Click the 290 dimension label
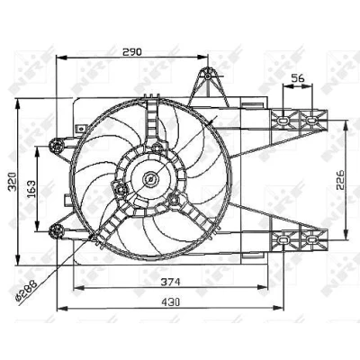point(132,51)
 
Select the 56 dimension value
point(298,78)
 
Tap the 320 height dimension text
point(13,182)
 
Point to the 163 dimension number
point(31,189)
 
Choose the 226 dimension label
point(340,180)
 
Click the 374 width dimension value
point(170,282)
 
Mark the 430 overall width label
point(171,301)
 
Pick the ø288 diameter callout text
point(26,290)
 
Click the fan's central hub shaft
point(149,179)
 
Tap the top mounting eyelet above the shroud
point(208,76)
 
